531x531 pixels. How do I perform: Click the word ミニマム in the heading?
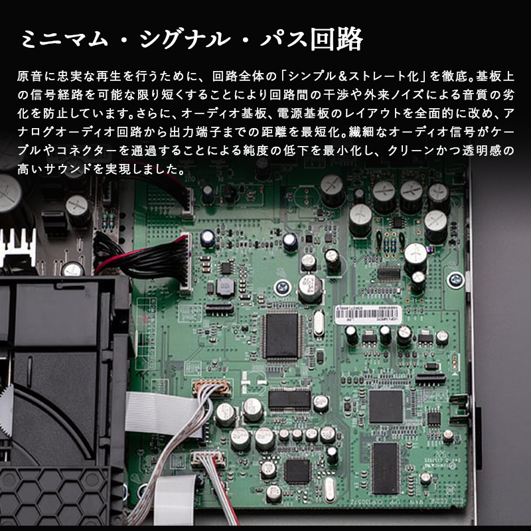tap(64, 39)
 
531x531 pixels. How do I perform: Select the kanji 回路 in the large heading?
tap(337, 39)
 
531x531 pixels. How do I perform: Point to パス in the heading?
tap(284, 39)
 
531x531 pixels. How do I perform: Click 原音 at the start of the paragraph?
tap(29, 76)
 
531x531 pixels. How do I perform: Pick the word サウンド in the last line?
tap(68, 169)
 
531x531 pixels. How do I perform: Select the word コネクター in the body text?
tap(87, 151)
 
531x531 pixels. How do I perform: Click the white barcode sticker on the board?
tap(368, 315)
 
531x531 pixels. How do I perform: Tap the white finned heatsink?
tap(19, 246)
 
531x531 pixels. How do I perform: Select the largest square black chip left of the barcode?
tap(281, 336)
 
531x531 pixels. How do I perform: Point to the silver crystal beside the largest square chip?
tap(319, 323)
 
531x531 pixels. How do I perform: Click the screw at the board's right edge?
tap(455, 280)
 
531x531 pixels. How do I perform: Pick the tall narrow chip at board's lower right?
tap(385, 469)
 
